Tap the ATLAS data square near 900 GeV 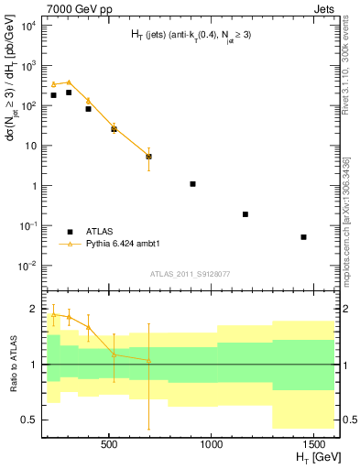click(x=192, y=184)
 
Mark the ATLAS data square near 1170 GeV click(x=245, y=214)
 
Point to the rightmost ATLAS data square click(x=303, y=237)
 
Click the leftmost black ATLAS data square click(x=54, y=95)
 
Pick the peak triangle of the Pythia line click(x=69, y=82)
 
